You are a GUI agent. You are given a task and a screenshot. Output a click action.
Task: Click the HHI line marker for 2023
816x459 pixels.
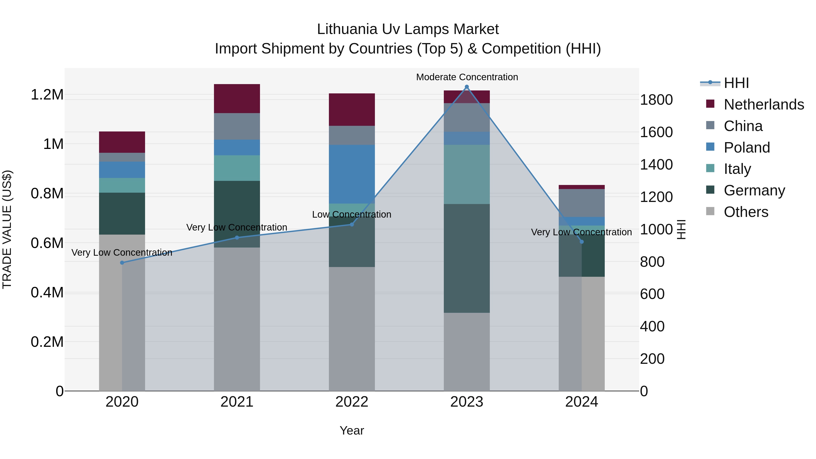(467, 87)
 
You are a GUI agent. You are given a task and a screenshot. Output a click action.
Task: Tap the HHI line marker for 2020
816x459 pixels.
(122, 263)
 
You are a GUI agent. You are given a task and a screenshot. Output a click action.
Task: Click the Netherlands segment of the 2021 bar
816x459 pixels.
(237, 99)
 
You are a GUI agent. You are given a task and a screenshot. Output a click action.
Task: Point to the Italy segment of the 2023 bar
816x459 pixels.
(467, 174)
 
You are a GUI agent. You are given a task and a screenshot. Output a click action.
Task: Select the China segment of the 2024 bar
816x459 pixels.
(582, 203)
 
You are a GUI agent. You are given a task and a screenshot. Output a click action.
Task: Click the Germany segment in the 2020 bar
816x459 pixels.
(122, 214)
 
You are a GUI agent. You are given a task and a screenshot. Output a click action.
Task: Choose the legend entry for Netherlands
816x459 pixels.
(764, 104)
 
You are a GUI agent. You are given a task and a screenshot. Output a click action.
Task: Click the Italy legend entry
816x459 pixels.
(737, 169)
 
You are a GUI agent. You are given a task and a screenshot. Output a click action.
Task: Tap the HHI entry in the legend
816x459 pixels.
(736, 83)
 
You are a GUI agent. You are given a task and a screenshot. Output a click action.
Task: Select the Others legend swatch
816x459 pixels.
(710, 211)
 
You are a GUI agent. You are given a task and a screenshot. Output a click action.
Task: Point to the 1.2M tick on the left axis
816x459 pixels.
(47, 95)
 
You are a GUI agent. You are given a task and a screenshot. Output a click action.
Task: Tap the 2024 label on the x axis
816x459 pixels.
(582, 402)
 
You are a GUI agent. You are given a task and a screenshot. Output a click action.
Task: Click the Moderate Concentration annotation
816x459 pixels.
(467, 77)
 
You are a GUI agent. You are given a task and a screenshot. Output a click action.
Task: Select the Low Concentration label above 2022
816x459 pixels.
(352, 214)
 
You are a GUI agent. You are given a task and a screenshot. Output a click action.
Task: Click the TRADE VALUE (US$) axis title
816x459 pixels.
(7, 229)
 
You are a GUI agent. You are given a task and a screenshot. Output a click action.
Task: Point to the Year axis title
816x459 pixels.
(352, 430)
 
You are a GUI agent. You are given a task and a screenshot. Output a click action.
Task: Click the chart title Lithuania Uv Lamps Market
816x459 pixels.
(408, 29)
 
